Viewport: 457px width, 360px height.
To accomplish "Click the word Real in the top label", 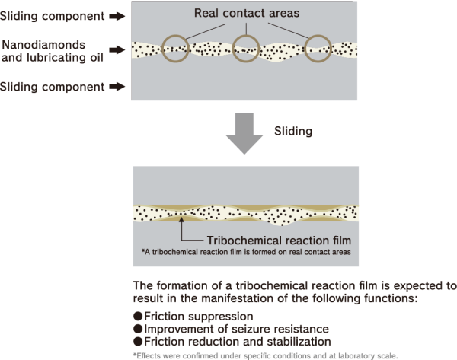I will click(208, 12).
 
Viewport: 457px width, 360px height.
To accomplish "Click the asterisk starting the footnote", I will click(142, 250).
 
